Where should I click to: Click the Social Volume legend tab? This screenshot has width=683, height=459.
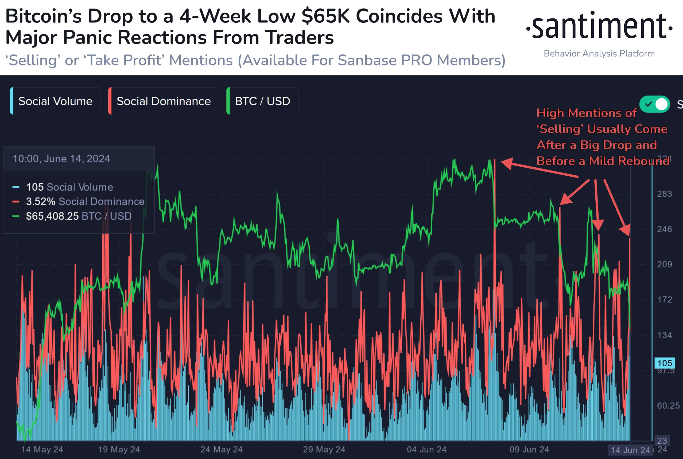pyautogui.click(x=55, y=101)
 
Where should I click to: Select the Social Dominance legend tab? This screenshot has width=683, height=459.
pyautogui.click(x=163, y=101)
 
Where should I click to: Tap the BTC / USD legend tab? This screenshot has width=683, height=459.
pyautogui.click(x=262, y=101)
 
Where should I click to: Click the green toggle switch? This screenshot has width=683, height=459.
pyautogui.click(x=655, y=104)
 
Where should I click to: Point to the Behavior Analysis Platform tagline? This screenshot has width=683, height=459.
pyautogui.click(x=599, y=53)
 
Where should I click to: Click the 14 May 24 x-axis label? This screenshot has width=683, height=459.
pyautogui.click(x=42, y=449)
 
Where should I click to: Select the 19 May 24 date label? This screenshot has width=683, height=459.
pyautogui.click(x=119, y=449)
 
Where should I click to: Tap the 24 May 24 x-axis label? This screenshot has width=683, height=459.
pyautogui.click(x=222, y=449)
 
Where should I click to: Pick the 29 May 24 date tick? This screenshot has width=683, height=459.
pyautogui.click(x=324, y=449)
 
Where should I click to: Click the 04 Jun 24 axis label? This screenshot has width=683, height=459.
pyautogui.click(x=427, y=449)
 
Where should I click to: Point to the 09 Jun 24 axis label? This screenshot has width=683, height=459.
pyautogui.click(x=529, y=449)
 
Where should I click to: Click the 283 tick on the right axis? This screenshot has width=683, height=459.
pyautogui.click(x=664, y=194)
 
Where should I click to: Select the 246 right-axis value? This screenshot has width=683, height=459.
pyautogui.click(x=664, y=229)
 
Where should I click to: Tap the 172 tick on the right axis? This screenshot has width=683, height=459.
pyautogui.click(x=664, y=299)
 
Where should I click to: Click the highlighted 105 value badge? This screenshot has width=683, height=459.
pyautogui.click(x=665, y=363)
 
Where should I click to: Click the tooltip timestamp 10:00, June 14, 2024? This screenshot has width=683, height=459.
pyautogui.click(x=61, y=159)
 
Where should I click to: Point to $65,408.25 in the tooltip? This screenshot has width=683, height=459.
pyautogui.click(x=52, y=216)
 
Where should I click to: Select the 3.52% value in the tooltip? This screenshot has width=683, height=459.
pyautogui.click(x=41, y=201)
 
